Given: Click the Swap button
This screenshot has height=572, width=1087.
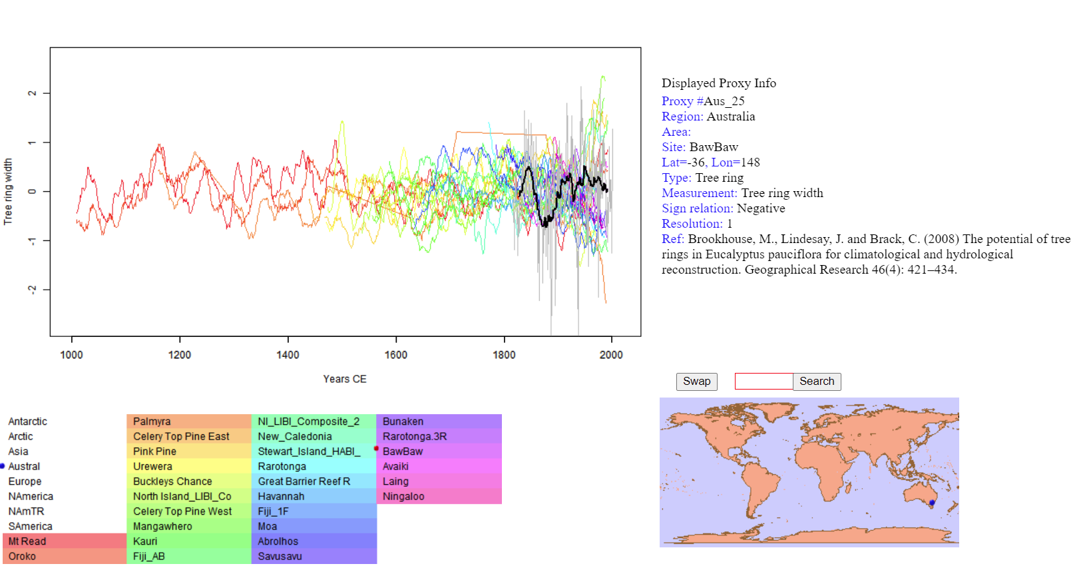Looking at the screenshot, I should (696, 382).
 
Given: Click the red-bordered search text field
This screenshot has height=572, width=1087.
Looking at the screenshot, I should (763, 382).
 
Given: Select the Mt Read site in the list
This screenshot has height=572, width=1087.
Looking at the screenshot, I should (27, 541).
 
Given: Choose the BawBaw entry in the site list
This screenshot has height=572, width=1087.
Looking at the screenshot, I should (403, 451).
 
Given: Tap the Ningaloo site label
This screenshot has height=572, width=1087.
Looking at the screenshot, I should (403, 497).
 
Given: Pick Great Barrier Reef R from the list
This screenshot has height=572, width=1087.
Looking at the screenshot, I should (304, 481).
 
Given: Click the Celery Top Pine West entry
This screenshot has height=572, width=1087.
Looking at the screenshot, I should (182, 511).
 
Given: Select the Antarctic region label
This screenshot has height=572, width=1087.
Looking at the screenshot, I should (27, 422).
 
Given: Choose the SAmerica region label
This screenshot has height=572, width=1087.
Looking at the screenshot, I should (30, 527).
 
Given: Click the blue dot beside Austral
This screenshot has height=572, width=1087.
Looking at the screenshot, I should (3, 466).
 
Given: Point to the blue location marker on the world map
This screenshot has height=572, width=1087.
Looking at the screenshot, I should (932, 503).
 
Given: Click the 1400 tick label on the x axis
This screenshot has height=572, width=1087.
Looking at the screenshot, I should (288, 355).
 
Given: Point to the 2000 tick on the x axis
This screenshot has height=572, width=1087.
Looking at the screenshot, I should (611, 355).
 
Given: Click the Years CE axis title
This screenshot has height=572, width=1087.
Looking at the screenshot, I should (345, 379).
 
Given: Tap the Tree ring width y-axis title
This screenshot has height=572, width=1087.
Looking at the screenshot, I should (8, 191).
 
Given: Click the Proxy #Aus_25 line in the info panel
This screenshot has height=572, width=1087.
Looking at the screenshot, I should (703, 101).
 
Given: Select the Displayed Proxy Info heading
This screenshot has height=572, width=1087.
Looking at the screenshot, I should (719, 83).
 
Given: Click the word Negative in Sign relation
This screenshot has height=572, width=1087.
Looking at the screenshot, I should (761, 208).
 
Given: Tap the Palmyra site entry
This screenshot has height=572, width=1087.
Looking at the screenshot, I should (152, 422).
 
